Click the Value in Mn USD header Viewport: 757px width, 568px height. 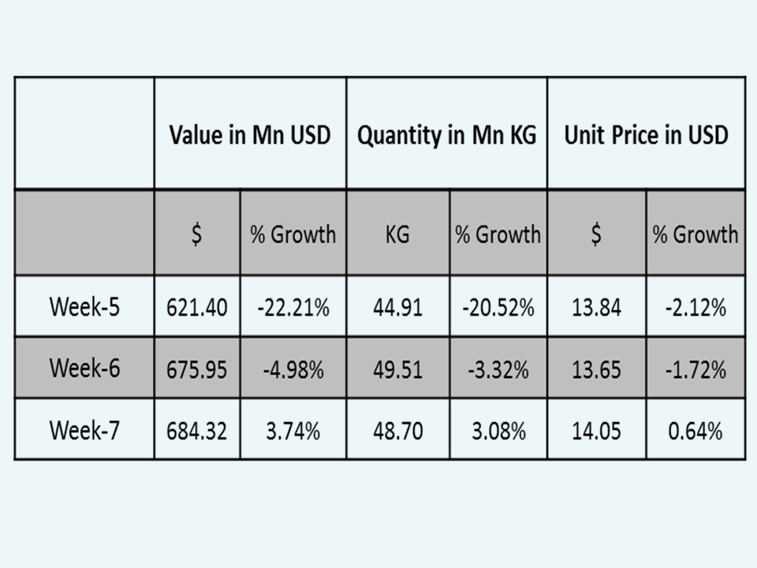(x=250, y=134)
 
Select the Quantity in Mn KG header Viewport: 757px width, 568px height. (x=446, y=134)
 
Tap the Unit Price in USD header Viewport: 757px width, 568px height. (x=646, y=134)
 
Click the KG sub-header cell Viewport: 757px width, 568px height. (x=397, y=234)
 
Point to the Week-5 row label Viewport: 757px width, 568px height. (x=84, y=307)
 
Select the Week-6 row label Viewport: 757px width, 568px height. (x=84, y=368)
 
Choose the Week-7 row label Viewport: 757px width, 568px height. (x=84, y=430)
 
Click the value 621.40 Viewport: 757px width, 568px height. (x=197, y=308)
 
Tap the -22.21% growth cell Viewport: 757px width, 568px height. (x=293, y=308)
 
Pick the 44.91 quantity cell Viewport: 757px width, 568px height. (x=397, y=308)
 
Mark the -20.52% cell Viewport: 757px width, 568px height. (x=498, y=308)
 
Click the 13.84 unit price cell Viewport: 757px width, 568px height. (x=596, y=308)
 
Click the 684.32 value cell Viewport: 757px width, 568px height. (x=197, y=431)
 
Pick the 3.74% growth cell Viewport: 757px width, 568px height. (x=293, y=431)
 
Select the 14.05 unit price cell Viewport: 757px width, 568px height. (x=596, y=431)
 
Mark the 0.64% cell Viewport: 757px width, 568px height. (x=695, y=431)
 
